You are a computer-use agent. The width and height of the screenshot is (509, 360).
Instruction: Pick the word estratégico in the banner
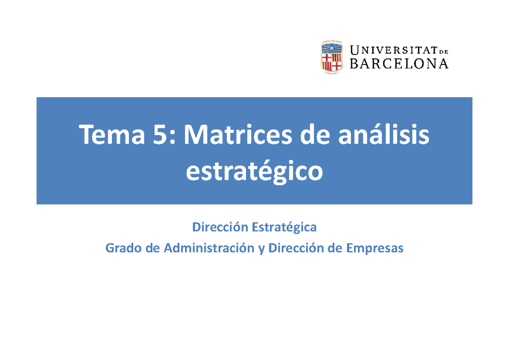pyautogui.click(x=254, y=171)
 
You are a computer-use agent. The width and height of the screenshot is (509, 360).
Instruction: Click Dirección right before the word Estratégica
pyautogui.click(x=220, y=228)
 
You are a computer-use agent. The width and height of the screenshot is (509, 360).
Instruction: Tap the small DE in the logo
pyautogui.click(x=443, y=51)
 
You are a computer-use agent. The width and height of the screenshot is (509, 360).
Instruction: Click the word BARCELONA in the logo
pyautogui.click(x=399, y=64)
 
